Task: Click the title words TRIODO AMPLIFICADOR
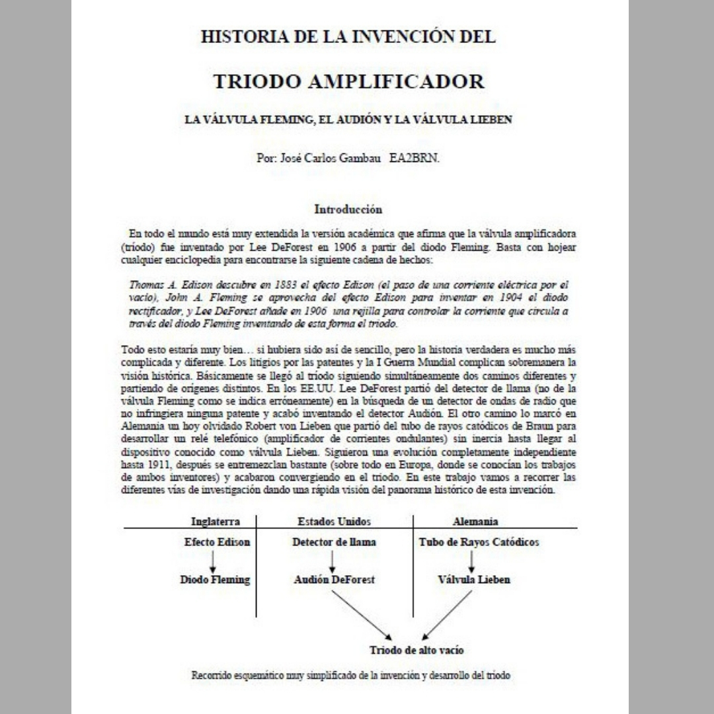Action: point(348,82)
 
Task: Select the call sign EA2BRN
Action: point(415,159)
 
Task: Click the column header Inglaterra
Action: point(215,521)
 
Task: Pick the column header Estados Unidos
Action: point(335,521)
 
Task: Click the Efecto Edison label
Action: point(217,542)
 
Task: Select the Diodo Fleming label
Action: point(215,580)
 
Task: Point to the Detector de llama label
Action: point(334,542)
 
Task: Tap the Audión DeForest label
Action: point(334,580)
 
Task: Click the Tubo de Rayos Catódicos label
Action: point(479,542)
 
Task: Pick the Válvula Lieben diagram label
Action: point(474,580)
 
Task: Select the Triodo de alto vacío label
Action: point(416,650)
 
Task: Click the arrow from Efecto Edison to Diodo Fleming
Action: point(214,561)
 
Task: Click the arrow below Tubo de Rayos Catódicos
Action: point(471,561)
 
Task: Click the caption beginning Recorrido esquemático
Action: point(351,676)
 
